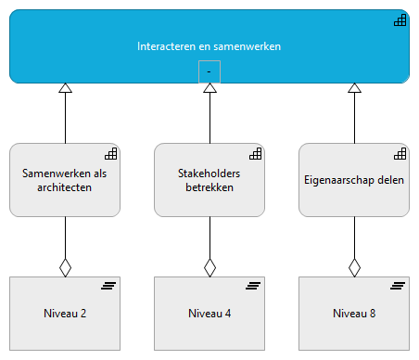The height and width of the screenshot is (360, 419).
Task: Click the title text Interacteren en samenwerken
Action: pos(209,45)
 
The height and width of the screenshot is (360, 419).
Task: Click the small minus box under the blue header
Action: pos(209,71)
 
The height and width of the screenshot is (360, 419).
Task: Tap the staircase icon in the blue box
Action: pos(400,20)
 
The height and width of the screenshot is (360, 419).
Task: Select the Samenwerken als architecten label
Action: pos(65,179)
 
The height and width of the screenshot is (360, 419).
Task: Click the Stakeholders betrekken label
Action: pos(209,179)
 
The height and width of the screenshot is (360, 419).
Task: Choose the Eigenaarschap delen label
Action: pos(354,179)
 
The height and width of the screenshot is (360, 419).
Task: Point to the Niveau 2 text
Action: pos(65,313)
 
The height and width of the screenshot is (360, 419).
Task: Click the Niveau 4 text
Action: pos(209,313)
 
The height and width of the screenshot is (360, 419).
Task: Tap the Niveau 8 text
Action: pos(354,313)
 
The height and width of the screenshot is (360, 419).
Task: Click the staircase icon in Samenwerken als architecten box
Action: pos(110,154)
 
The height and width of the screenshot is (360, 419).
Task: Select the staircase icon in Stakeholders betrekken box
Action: pos(255,154)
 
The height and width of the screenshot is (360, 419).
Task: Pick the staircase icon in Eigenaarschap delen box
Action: pos(400,154)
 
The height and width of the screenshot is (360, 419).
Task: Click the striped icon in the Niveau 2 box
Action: pos(110,286)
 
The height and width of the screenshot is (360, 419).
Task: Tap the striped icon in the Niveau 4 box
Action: pos(255,286)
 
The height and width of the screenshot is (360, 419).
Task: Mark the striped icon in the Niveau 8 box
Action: pos(400,286)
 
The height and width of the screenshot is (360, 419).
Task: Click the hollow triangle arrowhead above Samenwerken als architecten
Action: pos(65,89)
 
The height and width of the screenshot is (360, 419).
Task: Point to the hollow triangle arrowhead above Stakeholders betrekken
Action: pos(209,89)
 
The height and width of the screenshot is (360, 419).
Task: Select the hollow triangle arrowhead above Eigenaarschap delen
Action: pos(354,89)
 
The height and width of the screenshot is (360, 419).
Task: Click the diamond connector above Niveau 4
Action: pos(209,267)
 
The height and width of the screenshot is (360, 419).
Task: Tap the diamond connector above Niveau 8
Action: pos(354,267)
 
